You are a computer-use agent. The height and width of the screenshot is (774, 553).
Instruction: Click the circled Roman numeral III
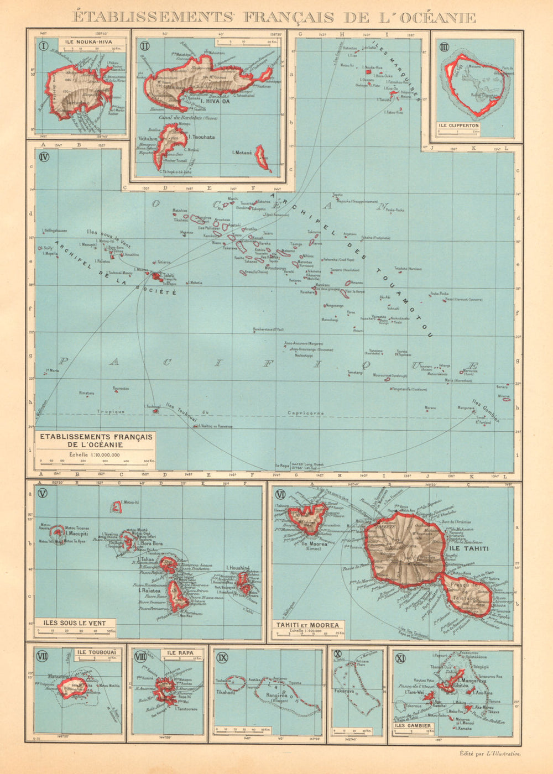pos(444,47)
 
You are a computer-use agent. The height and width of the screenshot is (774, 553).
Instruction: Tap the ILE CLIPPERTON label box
pos(458,125)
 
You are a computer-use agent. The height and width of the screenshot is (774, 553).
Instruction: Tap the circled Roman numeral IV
pos(45,156)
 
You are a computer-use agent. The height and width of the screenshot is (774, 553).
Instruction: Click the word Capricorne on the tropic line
pos(306,413)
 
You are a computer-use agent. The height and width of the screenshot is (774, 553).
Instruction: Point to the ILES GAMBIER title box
pos(413,726)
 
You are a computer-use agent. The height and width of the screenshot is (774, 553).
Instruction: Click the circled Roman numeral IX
pos(223,657)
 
